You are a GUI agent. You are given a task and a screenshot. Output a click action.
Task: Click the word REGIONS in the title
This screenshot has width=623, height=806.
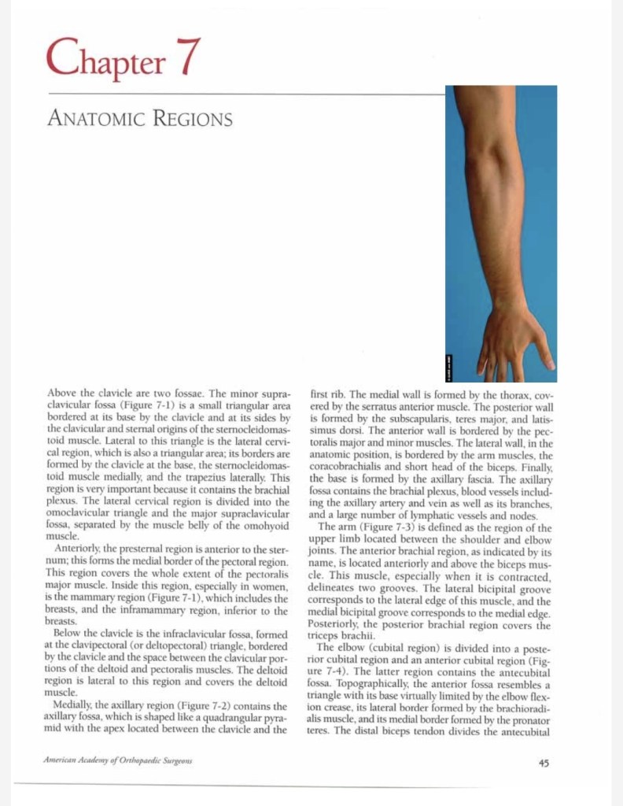click(191, 120)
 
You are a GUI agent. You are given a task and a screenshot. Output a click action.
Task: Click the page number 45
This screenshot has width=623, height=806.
click(544, 762)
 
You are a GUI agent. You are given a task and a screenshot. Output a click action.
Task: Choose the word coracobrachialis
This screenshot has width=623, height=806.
click(344, 468)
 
